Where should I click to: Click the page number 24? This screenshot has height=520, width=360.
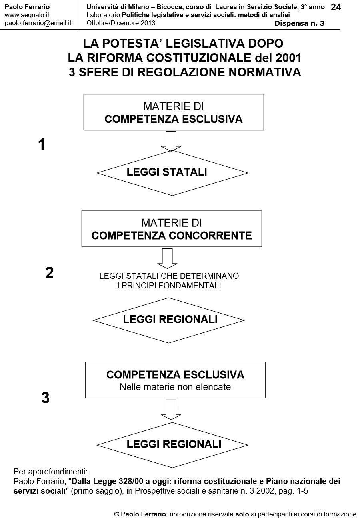336,7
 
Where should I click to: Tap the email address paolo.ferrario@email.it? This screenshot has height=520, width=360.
38,23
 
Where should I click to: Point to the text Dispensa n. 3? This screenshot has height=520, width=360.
299,23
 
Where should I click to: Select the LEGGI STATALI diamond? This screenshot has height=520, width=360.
172,172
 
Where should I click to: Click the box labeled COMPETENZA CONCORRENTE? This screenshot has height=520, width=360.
172,229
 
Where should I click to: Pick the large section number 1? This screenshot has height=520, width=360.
41,145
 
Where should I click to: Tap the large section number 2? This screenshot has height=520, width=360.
49,273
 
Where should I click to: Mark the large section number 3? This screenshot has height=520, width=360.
46,398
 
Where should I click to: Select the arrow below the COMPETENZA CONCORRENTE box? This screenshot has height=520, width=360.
167,258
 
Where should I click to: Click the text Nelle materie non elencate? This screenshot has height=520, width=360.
175,387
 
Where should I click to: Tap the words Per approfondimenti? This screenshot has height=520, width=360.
50,470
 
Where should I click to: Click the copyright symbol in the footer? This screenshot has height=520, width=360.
117,514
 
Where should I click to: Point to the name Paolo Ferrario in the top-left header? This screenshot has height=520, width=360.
27,7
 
